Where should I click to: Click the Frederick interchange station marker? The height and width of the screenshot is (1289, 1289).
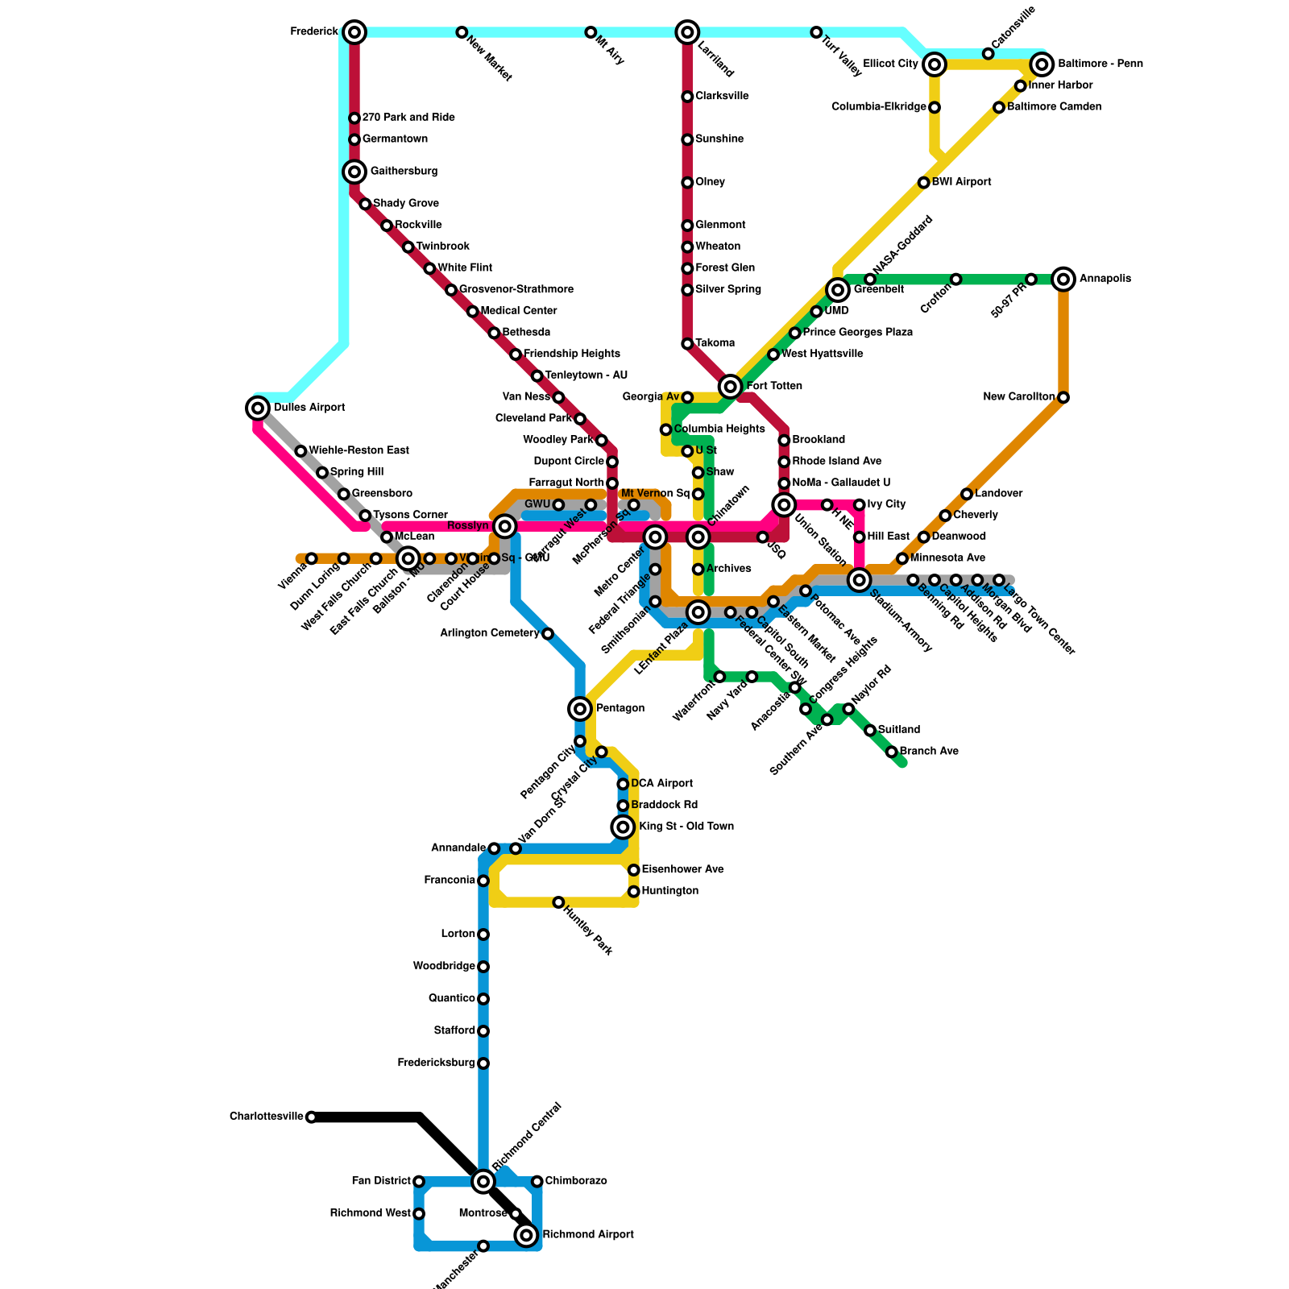pos(354,32)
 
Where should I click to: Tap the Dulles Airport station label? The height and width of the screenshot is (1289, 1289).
pos(309,408)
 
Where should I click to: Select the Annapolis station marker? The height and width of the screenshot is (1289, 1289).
pos(1063,279)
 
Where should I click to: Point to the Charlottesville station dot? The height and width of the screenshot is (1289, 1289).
pos(311,1117)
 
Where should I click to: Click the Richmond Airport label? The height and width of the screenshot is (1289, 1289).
pos(587,1234)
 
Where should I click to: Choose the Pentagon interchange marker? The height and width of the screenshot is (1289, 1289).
pos(580,709)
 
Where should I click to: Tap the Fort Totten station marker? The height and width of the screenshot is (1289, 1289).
pos(731,387)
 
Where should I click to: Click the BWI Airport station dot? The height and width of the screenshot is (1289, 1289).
pos(924,183)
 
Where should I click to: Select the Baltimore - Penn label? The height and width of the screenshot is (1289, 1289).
pos(1100,64)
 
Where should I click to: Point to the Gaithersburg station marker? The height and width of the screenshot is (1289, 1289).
pos(354,172)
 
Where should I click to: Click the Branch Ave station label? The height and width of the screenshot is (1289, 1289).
pos(929,751)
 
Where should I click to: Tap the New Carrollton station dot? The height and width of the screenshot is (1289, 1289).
pos(1063,397)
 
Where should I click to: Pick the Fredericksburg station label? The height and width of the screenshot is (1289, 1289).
pos(436,1063)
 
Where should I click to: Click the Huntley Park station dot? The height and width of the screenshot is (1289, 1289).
pos(558,902)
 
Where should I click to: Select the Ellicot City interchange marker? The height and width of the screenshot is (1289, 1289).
pos(935,64)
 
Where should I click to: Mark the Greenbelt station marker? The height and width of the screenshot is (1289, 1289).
pos(838,289)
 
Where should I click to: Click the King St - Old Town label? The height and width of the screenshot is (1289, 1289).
pos(686,827)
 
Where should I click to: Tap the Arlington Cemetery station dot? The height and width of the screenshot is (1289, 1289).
pos(548,634)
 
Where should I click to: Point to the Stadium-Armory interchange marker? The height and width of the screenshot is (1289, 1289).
pos(860,580)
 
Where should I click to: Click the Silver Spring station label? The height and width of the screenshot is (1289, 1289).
pos(727,289)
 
